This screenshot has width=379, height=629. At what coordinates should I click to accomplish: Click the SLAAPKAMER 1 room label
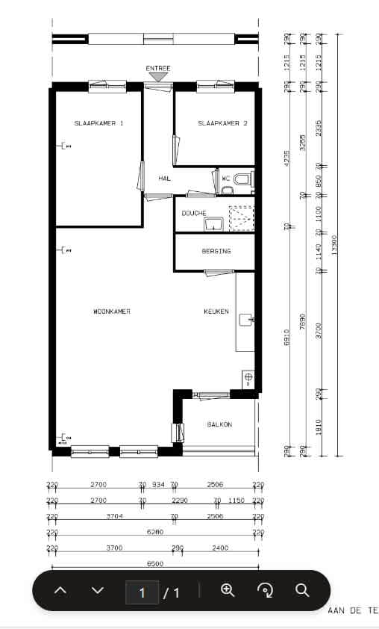[x=98, y=123]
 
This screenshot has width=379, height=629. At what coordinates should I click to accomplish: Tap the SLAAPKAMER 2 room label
[x=222, y=123]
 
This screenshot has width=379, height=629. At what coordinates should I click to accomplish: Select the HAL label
[x=165, y=179]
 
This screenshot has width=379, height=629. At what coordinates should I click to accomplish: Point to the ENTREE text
[x=157, y=69]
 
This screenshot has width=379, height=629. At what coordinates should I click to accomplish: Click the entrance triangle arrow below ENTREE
[x=157, y=77]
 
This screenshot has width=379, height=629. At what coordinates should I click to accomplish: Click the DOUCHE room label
[x=194, y=214]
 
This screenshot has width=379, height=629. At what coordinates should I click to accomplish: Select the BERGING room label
[x=216, y=251]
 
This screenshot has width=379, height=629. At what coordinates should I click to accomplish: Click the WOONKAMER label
[x=112, y=312]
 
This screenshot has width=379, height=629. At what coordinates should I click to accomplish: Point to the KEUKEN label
[x=216, y=312]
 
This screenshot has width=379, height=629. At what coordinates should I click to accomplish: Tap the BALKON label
[x=219, y=424]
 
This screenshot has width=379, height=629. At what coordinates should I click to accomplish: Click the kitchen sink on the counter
[x=246, y=320]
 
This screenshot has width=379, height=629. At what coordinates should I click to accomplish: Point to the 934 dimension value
[x=158, y=485]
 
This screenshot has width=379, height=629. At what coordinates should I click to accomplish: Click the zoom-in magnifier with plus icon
[x=228, y=590]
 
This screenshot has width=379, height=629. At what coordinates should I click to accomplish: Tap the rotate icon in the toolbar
[x=265, y=590]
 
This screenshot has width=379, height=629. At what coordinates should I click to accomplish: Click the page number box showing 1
[x=142, y=593]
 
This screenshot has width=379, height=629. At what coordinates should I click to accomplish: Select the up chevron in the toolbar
[x=61, y=590]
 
